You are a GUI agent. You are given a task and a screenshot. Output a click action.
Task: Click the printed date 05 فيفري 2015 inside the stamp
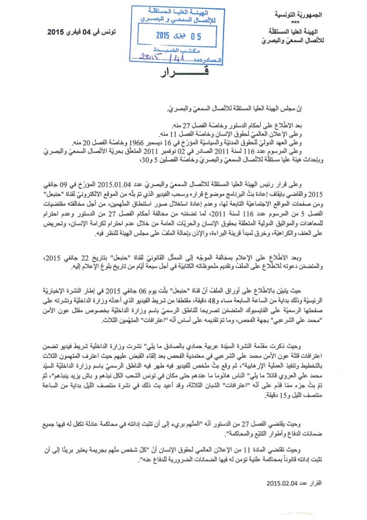click(175, 36)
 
